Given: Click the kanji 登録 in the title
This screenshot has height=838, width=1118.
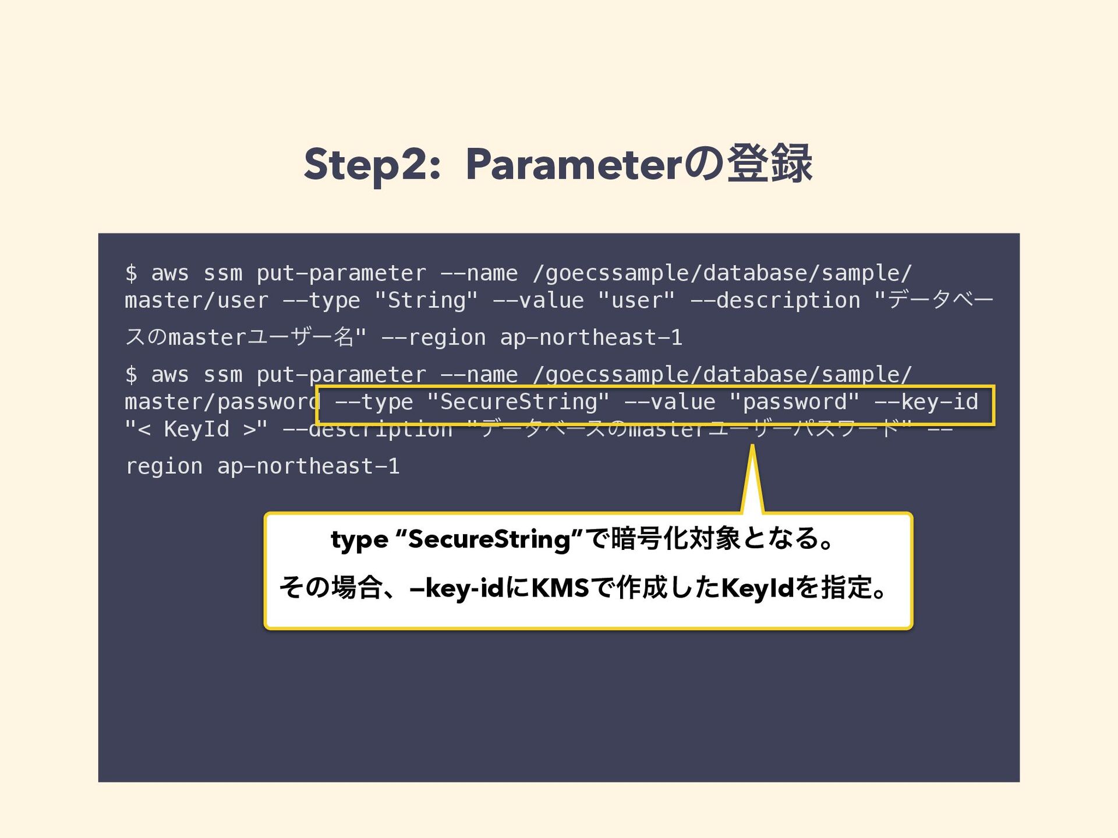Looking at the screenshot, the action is [769, 165].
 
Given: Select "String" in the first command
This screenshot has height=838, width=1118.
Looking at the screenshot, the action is [426, 301].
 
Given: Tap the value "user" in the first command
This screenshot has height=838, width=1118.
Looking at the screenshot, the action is [636, 301].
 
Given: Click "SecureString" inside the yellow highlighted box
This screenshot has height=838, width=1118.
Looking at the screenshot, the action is [518, 402].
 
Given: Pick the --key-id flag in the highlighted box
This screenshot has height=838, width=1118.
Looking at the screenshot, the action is [926, 402].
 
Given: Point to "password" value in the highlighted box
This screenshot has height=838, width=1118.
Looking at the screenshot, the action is [794, 402].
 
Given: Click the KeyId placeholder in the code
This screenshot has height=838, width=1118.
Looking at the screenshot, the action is [197, 429].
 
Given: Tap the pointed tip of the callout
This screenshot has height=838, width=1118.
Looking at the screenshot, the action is [752, 448].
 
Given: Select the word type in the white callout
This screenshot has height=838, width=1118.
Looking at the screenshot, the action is [359, 539].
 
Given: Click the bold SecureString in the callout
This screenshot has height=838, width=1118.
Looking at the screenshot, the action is [489, 539].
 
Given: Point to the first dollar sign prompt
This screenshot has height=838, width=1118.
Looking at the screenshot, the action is [131, 274].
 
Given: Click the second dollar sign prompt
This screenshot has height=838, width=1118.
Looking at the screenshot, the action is [131, 375].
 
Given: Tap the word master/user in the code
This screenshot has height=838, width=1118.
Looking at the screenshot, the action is [196, 301].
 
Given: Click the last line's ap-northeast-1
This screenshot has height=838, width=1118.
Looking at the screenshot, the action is [308, 467].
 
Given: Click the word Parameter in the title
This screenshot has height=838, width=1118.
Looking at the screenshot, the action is [574, 165].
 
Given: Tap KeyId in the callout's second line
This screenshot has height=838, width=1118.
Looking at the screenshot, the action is [758, 588].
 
